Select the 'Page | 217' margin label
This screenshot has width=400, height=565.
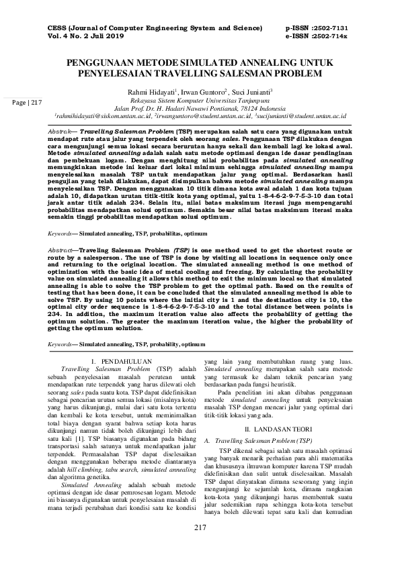pos(26,102)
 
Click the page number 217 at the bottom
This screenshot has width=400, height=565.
pos(200,547)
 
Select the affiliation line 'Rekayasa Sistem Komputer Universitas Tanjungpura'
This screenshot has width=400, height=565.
pos(200,98)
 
